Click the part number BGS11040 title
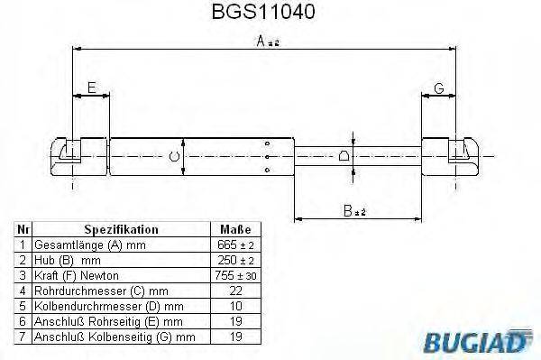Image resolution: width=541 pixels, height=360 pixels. [x=263, y=12]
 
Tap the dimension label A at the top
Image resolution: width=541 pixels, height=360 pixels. [x=268, y=42]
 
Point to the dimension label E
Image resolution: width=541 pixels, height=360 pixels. [x=91, y=88]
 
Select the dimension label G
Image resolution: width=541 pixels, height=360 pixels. [x=439, y=88]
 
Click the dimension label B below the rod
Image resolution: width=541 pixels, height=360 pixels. [x=354, y=210]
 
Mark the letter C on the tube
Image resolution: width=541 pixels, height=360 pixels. [x=175, y=157]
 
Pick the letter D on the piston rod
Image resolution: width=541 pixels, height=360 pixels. [x=344, y=156]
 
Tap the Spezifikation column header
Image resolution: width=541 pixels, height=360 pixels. [x=121, y=229]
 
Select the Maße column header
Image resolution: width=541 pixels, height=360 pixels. [x=235, y=229]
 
